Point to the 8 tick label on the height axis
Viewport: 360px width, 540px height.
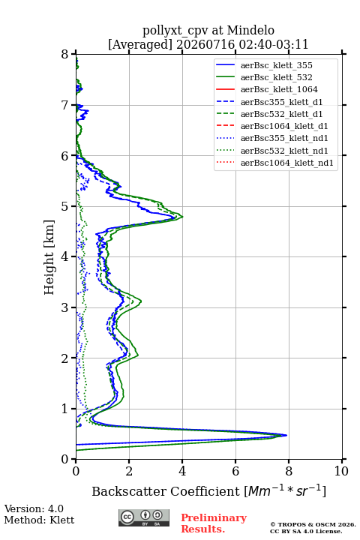(65, 54)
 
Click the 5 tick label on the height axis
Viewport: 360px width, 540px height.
(65, 206)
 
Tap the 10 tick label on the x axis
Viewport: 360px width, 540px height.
(341, 471)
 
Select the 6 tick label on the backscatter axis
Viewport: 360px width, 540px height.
(235, 471)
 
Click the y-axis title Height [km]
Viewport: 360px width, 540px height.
(49, 257)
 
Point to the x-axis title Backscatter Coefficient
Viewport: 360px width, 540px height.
(165, 491)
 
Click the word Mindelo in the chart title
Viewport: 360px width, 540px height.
(250, 30)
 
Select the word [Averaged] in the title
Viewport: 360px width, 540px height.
(140, 44)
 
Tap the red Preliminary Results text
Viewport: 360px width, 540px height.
(214, 523)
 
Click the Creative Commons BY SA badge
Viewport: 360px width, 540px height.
(144, 517)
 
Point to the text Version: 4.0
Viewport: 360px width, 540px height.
(34, 508)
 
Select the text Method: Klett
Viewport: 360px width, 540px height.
(39, 520)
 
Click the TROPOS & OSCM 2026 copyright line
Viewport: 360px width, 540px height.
(313, 524)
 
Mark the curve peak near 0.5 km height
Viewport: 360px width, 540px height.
(286, 435)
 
